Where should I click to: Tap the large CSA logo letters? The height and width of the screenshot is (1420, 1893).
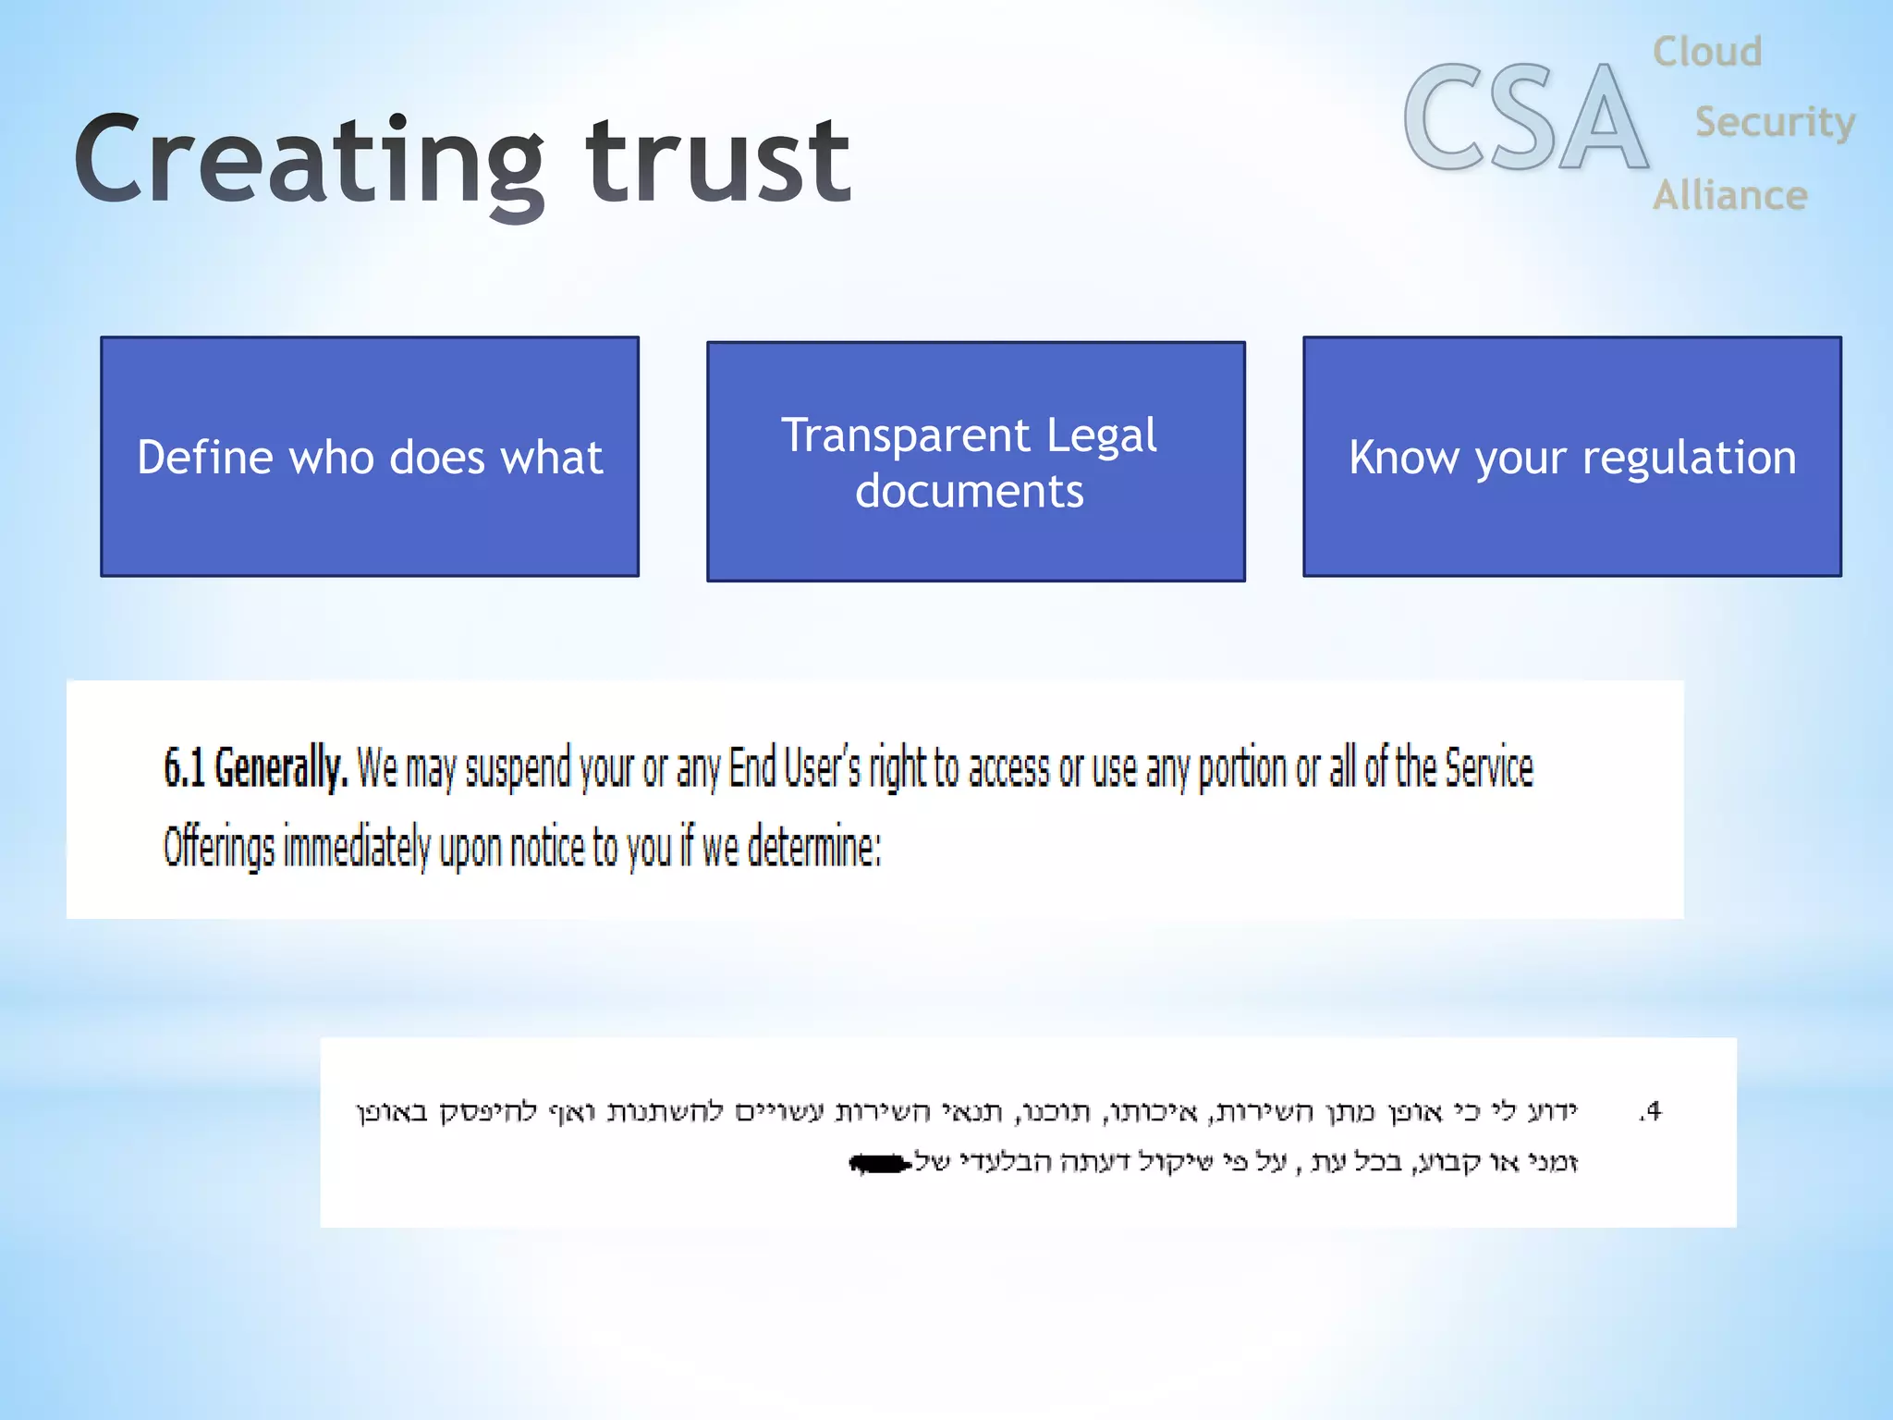coord(1525,118)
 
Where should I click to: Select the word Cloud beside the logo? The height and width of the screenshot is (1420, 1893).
coord(1706,52)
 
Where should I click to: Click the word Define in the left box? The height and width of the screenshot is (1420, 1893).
coord(204,458)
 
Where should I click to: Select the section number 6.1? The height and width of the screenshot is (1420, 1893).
coord(184,768)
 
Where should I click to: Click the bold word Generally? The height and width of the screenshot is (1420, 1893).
coord(281,768)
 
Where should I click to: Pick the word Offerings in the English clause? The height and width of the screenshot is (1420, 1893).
coord(219,846)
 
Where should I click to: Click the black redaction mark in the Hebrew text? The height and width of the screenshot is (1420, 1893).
coord(880,1163)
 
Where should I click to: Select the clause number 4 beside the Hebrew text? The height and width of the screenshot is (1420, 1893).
coord(1651,1110)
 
